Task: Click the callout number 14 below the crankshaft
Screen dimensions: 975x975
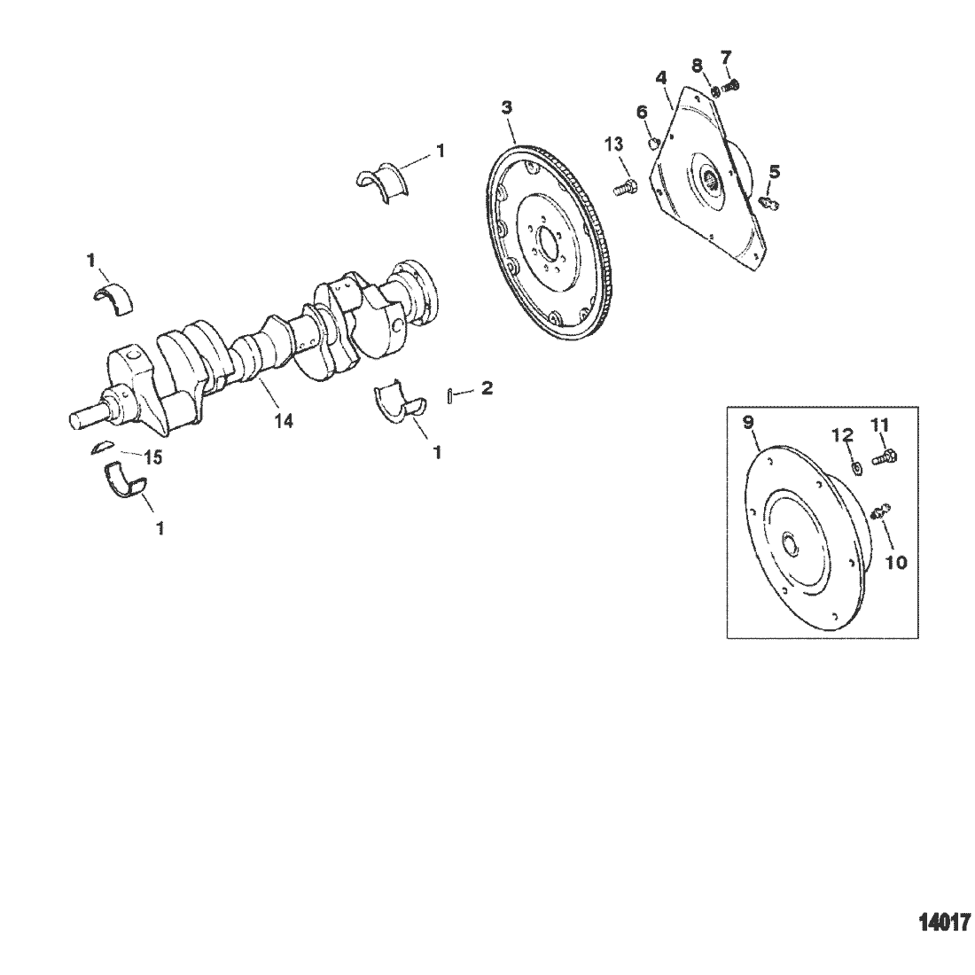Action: (x=284, y=421)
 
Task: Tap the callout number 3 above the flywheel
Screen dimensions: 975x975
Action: (x=507, y=107)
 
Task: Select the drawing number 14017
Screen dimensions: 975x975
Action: (x=945, y=922)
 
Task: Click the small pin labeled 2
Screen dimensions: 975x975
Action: (x=449, y=395)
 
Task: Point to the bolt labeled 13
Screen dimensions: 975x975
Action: (x=624, y=186)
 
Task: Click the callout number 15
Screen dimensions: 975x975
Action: (x=153, y=457)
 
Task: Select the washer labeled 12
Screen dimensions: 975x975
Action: (x=855, y=468)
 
